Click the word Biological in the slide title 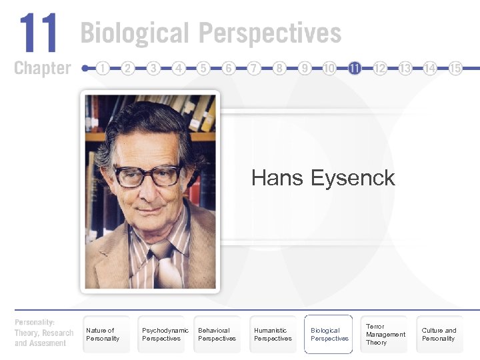pos(133,33)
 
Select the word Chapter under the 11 pos(42,68)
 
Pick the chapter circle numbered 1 pos(103,68)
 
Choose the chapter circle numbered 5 pos(204,68)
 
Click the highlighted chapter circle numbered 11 pos(355,68)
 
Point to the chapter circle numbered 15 pos(455,68)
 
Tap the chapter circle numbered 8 pos(279,68)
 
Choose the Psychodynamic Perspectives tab pos(164,334)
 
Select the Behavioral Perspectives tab pos(217,334)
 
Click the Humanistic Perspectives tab pos(273,334)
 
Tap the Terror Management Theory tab pos(385,334)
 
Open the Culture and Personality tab pos(439,334)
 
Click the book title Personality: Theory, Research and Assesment pos(44,333)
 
